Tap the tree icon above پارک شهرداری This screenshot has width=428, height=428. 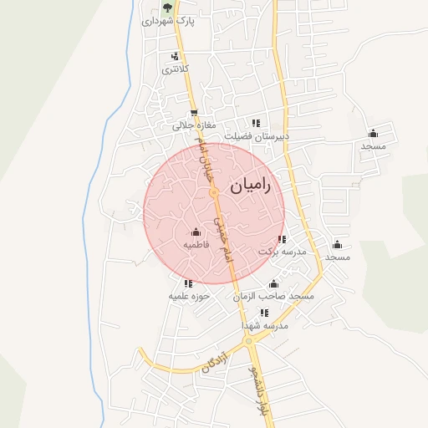[x=167, y=8]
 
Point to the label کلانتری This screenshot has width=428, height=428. [x=175, y=69]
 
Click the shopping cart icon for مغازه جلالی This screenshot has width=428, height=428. [x=194, y=114]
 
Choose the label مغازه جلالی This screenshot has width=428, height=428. [x=188, y=125]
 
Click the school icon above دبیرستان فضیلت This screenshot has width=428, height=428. [x=256, y=122]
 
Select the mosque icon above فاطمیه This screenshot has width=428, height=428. [x=196, y=232]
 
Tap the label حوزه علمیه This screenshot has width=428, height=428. [x=188, y=296]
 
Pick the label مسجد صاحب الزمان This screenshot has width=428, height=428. [x=273, y=296]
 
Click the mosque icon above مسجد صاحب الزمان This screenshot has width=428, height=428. [x=273, y=283]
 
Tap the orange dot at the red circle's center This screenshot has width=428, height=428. [x=214, y=193]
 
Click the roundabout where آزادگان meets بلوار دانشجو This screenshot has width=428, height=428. [x=248, y=340]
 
